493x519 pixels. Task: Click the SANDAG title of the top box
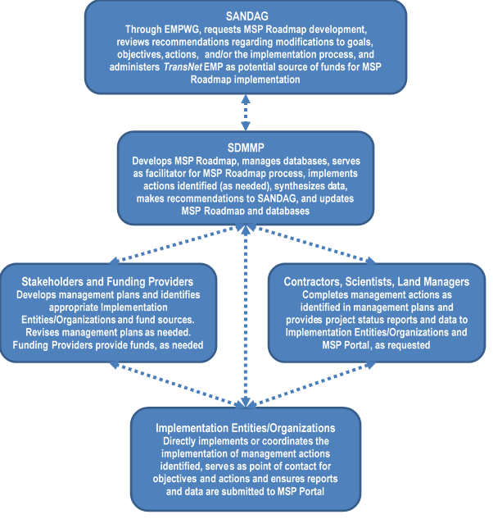click(x=246, y=15)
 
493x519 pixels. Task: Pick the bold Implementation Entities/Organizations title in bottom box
click(x=246, y=428)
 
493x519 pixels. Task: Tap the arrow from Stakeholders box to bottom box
click(x=176, y=384)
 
